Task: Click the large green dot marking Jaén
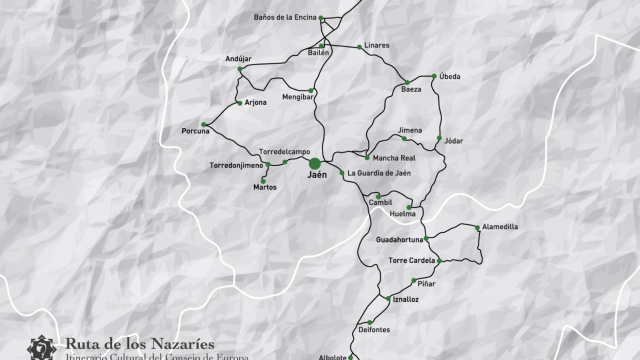tap(315, 163)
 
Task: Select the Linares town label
tap(377, 46)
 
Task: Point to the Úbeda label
tap(450, 77)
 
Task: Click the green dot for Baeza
tap(406, 81)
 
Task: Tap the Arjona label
tap(256, 102)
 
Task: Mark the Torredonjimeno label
tap(235, 164)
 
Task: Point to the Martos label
tap(265, 187)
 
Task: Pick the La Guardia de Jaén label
tap(380, 174)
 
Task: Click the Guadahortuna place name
tap(399, 240)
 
